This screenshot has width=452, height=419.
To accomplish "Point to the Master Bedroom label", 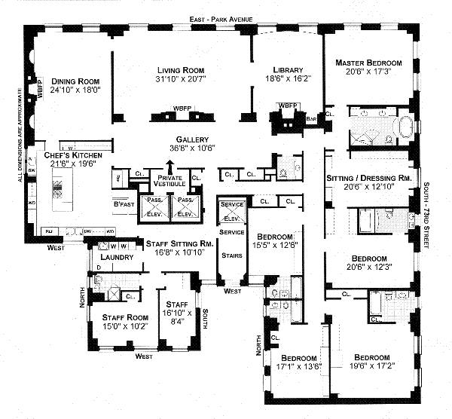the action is pos(368,62).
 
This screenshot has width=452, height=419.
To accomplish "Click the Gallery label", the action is pos(192,139).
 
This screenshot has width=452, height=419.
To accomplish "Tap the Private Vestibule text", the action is pos(169,181).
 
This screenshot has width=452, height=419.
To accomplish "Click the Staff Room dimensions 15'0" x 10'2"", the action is pos(115,327).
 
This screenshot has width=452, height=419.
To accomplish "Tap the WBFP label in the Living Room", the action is pos(183,108).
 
